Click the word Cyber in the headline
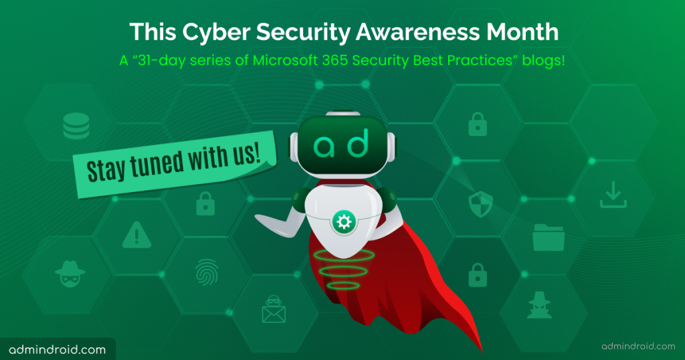point(217,33)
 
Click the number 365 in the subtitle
point(335,60)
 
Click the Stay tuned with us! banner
point(175,164)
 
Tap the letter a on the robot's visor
point(324,147)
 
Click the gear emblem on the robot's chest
point(343,222)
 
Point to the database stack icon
point(76,126)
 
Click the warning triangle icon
point(136,235)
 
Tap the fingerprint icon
point(207,272)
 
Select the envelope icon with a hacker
point(274,309)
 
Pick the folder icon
point(549,238)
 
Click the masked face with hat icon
point(70,274)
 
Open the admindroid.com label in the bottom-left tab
point(58,349)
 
